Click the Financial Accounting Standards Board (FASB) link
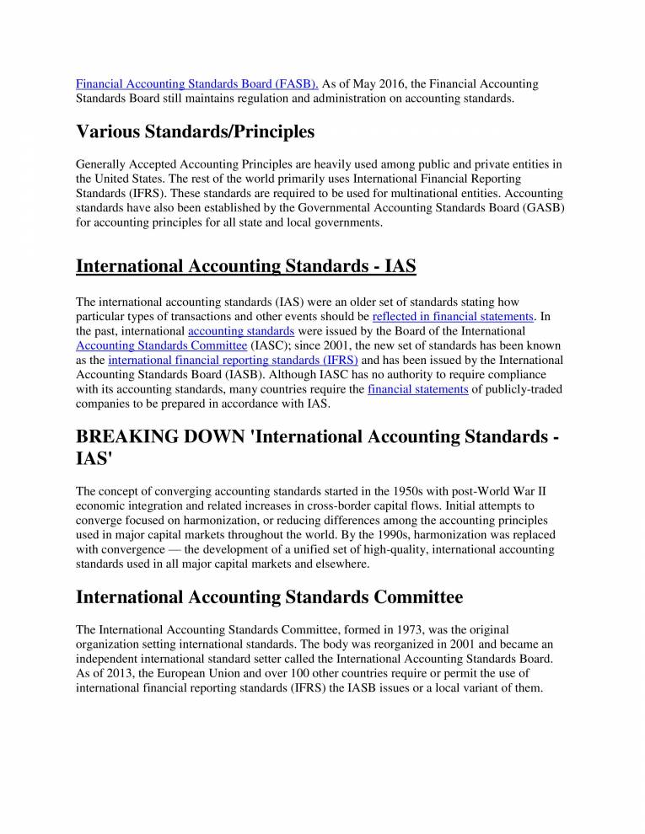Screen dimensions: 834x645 click(x=197, y=84)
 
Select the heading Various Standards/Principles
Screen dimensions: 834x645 click(x=195, y=131)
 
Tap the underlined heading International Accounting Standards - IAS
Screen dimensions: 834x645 click(x=246, y=266)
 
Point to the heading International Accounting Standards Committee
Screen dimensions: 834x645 click(x=269, y=597)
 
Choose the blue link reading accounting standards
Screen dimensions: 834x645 click(x=240, y=331)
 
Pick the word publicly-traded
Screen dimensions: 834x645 click(x=517, y=388)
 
